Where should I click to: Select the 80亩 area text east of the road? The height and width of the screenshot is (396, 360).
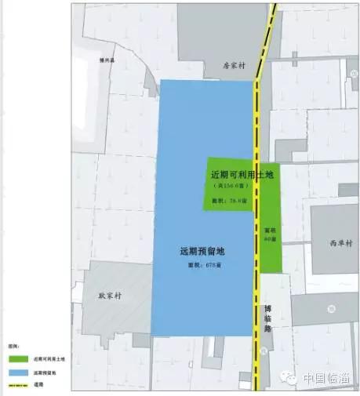(269, 234)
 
